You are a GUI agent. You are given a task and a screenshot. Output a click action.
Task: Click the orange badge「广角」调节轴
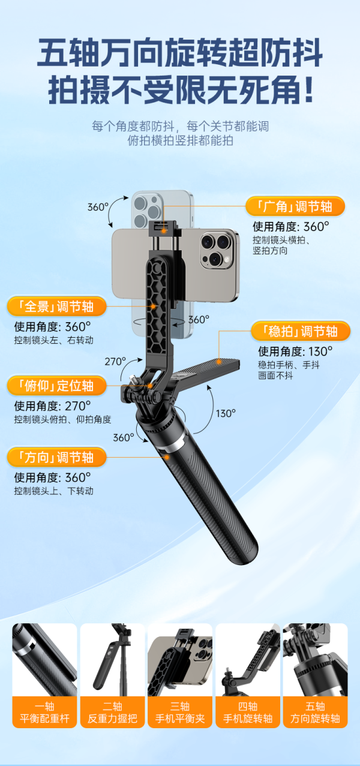pos(295,206)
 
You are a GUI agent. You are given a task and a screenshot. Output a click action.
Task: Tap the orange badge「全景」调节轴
pos(56,307)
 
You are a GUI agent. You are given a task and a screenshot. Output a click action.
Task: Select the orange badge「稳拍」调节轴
pos(301,331)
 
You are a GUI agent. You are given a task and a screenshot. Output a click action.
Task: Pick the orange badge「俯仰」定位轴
pos(56,385)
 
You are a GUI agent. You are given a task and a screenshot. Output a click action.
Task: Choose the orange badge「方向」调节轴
pos(56,457)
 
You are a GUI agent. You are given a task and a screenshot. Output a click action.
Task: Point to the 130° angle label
pos(226,413)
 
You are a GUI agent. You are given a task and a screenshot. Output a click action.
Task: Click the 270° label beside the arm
pos(115,362)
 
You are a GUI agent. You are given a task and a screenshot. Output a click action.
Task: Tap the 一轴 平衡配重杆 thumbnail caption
pos(44,712)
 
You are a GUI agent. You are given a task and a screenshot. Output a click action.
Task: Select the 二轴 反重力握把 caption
pos(112,712)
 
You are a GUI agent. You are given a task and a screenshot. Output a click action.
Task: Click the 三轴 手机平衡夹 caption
pos(180,712)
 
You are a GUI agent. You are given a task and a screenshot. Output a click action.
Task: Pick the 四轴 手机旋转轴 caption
pos(248,712)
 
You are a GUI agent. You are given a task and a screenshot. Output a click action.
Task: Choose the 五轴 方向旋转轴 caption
pos(315,712)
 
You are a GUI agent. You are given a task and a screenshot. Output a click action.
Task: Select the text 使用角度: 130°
pos(295,351)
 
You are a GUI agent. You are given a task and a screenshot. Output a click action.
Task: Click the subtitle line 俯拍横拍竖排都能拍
pos(181,140)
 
